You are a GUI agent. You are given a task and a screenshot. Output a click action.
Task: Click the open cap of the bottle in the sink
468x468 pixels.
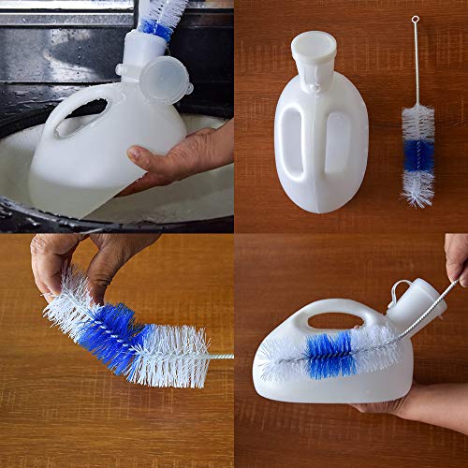pyautogui.click(x=166, y=78)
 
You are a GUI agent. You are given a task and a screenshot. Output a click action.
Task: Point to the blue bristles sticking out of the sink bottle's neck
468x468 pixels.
pyautogui.click(x=156, y=28)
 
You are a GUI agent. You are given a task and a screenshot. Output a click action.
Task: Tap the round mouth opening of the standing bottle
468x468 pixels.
pyautogui.click(x=313, y=43)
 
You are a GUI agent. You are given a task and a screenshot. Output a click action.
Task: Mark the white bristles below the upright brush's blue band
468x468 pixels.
pyautogui.click(x=418, y=187)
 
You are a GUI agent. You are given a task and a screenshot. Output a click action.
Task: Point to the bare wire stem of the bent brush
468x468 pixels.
pyautogui.click(x=221, y=356)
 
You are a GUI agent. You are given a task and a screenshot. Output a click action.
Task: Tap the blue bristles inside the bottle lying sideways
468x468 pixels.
pyautogui.click(x=329, y=355)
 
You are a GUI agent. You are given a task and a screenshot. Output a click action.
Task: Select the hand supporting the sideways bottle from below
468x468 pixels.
pyautogui.click(x=393, y=405)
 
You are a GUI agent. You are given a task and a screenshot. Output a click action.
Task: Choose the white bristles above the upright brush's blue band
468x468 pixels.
pyautogui.click(x=417, y=122)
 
